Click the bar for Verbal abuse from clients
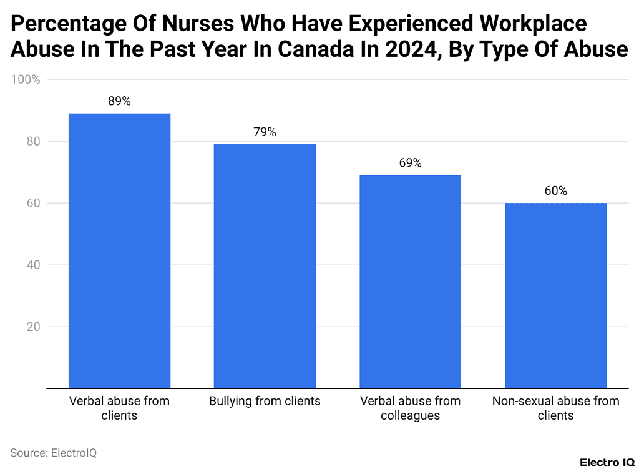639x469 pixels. click(x=119, y=250)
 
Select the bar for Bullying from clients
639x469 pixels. click(x=265, y=266)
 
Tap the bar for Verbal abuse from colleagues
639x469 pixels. click(x=410, y=282)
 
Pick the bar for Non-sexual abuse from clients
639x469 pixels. click(x=555, y=295)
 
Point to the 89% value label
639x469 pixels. click(x=119, y=101)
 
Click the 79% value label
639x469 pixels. click(x=265, y=132)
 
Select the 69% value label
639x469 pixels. click(x=410, y=163)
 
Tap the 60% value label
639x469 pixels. click(x=555, y=191)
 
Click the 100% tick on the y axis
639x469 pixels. click(x=26, y=80)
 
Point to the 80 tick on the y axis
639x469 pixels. click(x=32, y=142)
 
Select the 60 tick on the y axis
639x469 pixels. click(x=32, y=204)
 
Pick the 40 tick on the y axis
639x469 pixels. click(x=32, y=265)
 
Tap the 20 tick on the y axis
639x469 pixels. click(x=32, y=327)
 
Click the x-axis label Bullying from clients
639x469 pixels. click(x=265, y=401)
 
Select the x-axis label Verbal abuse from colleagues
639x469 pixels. click(x=410, y=408)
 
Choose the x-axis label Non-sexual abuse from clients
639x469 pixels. click(x=555, y=408)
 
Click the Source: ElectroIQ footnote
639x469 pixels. click(x=54, y=453)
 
